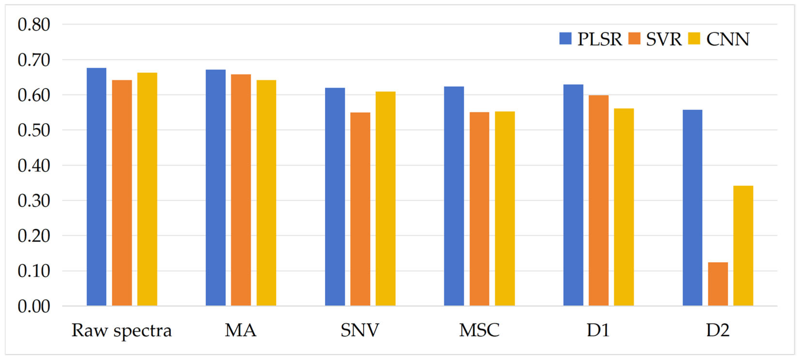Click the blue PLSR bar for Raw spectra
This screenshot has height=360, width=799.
point(96,187)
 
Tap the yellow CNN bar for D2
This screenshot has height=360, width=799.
point(743,246)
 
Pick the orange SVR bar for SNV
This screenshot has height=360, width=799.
point(360,209)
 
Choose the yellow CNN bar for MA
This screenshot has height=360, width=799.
point(266,193)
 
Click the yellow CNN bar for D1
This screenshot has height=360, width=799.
point(624,207)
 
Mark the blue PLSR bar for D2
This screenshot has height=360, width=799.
point(692,208)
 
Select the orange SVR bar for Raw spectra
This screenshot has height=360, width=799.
point(122,193)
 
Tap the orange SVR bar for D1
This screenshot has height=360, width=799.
point(599,201)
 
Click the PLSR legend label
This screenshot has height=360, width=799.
point(600,39)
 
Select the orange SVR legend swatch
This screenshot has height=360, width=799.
point(634,38)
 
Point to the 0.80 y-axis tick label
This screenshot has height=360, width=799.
point(34,24)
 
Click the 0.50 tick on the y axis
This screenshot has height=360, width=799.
point(34,130)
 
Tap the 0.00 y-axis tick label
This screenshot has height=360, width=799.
point(34,306)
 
